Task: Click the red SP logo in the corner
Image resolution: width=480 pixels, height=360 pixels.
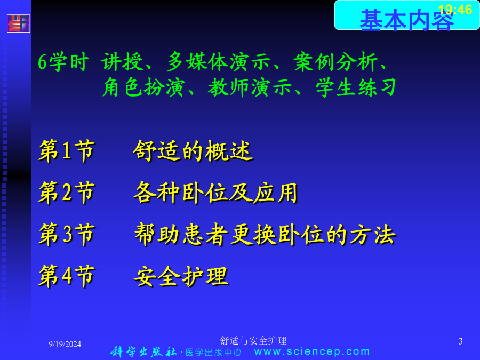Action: click(x=18, y=23)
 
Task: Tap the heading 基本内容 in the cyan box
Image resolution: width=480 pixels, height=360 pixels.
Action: click(x=406, y=20)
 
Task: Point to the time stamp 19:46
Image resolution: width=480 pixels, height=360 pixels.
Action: click(x=455, y=10)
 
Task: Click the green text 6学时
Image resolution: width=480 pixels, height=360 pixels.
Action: click(x=63, y=62)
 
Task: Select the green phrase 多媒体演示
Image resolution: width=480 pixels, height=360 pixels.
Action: click(x=219, y=62)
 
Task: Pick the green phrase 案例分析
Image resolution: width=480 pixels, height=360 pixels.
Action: click(x=335, y=62)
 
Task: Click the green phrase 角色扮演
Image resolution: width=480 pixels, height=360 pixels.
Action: click(x=143, y=87)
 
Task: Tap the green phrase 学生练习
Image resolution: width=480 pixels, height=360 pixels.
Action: click(x=356, y=87)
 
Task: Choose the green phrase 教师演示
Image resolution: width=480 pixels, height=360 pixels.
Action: click(x=250, y=87)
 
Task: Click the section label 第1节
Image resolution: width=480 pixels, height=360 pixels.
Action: click(x=67, y=150)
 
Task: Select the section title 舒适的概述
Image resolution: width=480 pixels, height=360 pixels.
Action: click(x=193, y=150)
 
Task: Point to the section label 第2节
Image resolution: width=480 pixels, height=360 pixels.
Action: click(x=67, y=192)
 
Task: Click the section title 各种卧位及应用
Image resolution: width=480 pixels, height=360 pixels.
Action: click(x=215, y=193)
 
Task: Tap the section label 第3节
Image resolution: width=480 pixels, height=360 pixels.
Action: click(x=67, y=234)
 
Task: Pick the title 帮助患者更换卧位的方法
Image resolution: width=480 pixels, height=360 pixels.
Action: click(x=265, y=235)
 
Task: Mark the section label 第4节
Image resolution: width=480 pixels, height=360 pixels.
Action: click(x=67, y=276)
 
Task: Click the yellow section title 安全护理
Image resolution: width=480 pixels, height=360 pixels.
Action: click(x=181, y=276)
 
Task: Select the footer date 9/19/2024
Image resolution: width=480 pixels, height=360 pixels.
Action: click(x=65, y=344)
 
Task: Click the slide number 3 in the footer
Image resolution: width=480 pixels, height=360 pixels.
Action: click(x=460, y=341)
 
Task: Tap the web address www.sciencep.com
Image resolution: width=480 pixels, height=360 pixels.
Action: click(x=312, y=351)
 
